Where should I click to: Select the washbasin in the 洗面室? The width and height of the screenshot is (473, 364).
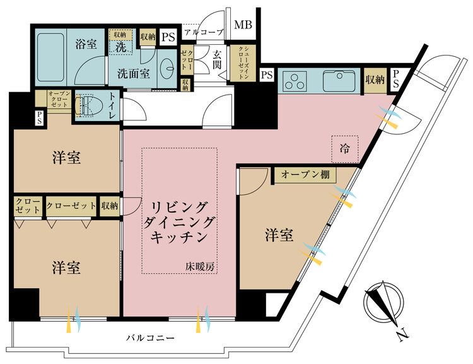click(168, 68)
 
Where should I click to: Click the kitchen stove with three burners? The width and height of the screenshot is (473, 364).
click(294, 81)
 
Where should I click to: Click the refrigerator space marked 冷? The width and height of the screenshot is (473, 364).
click(344, 149)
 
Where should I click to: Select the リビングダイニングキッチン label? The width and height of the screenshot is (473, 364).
click(180, 222)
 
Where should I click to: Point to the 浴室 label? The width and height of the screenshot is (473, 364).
click(86, 46)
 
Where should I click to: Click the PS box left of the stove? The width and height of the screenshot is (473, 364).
click(267, 76)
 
